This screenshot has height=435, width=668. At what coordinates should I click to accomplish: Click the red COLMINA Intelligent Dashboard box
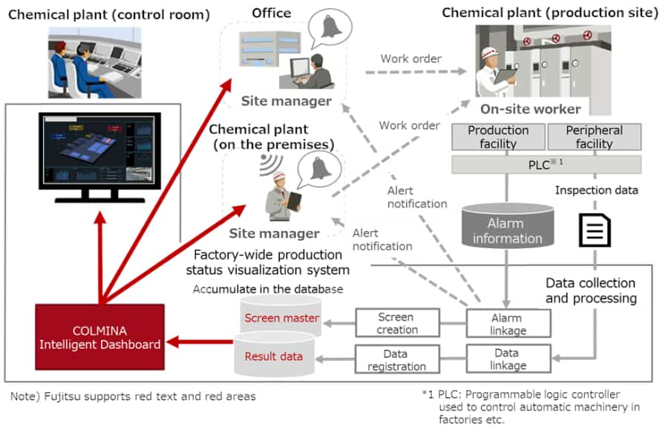tap(100, 336)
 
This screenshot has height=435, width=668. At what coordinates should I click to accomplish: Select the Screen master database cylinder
tap(281, 318)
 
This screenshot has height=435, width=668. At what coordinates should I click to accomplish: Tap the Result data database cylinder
tap(274, 356)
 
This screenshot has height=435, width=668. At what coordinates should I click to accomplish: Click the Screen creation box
tap(397, 323)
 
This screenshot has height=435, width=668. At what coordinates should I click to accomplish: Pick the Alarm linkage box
tap(508, 323)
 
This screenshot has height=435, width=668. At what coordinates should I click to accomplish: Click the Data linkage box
tap(508, 358)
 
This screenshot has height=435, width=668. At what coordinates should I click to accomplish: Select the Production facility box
tap(498, 137)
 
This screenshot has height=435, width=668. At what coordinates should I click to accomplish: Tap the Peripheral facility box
tap(594, 137)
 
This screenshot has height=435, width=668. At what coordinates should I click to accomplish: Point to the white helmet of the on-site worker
tap(490, 53)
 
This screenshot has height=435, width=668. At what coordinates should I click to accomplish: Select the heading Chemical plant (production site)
tap(550, 13)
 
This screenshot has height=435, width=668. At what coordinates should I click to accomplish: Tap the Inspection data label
tap(596, 190)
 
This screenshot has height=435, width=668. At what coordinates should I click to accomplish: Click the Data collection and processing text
tap(590, 290)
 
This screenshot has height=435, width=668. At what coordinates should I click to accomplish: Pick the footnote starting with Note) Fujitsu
tap(133, 396)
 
